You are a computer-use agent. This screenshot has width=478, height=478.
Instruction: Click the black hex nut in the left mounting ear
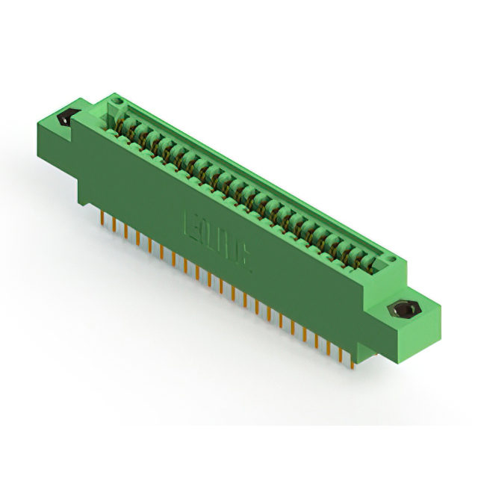66,117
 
